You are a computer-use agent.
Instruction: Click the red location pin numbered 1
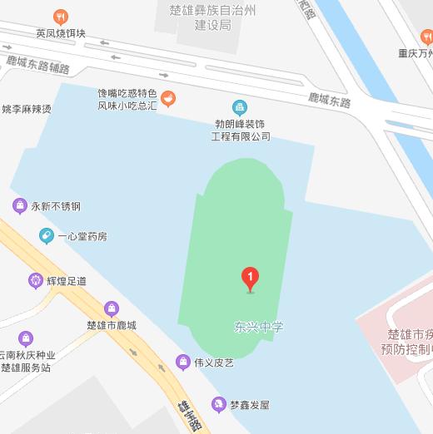[250, 278]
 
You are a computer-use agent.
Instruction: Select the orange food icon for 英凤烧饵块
[60, 17]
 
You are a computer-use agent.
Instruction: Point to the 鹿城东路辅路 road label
[37, 64]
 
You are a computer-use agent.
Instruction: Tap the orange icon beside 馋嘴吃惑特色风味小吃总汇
[168, 100]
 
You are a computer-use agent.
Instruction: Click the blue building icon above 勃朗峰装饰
[240, 106]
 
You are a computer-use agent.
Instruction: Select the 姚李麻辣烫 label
[27, 109]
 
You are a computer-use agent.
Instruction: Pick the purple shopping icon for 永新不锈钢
[18, 205]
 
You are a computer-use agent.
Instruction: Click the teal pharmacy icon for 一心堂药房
[47, 236]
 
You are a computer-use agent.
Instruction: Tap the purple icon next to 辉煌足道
[35, 280]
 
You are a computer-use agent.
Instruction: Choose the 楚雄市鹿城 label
[111, 325]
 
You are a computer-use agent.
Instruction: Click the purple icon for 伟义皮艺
[182, 362]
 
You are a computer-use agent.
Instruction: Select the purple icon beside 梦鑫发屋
[218, 405]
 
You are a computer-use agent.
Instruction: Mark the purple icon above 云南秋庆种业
[27, 338]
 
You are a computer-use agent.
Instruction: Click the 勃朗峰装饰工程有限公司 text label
[241, 130]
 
